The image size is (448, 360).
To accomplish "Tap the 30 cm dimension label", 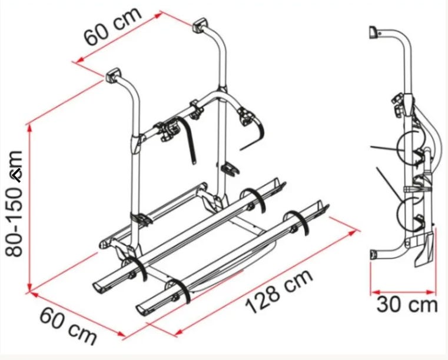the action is click(407, 305).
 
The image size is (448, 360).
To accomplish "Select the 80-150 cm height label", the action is click(14, 204).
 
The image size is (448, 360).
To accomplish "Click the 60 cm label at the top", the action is click(112, 26).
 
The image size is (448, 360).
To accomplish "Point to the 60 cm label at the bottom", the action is click(68, 326).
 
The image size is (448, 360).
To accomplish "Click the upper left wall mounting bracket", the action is click(114, 75).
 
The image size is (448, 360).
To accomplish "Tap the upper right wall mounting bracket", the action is click(200, 25).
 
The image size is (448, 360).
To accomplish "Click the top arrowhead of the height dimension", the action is click(29, 129).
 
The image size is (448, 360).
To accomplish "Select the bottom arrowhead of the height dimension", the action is click(29, 286).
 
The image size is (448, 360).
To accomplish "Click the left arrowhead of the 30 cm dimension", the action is click(375, 292).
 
